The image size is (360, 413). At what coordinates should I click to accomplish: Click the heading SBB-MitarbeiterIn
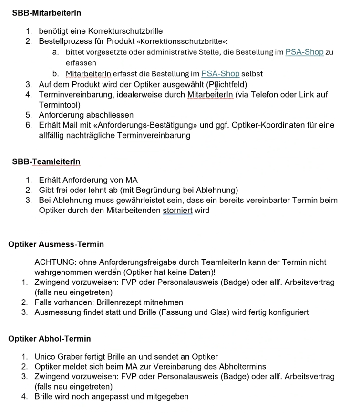pyautogui.click(x=46, y=13)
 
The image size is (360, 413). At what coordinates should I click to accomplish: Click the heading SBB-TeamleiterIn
pyautogui.click(x=46, y=162)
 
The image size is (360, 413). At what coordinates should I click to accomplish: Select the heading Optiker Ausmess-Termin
pyautogui.click(x=56, y=244)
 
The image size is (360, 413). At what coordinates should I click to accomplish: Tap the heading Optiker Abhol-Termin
pyautogui.click(x=49, y=339)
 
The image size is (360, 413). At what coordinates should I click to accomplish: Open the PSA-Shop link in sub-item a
pyautogui.click(x=304, y=52)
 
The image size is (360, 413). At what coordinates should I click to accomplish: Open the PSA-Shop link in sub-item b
pyautogui.click(x=220, y=74)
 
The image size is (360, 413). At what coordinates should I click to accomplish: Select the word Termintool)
pyautogui.click(x=60, y=105)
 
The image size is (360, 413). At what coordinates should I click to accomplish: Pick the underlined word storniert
pyautogui.click(x=177, y=210)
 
